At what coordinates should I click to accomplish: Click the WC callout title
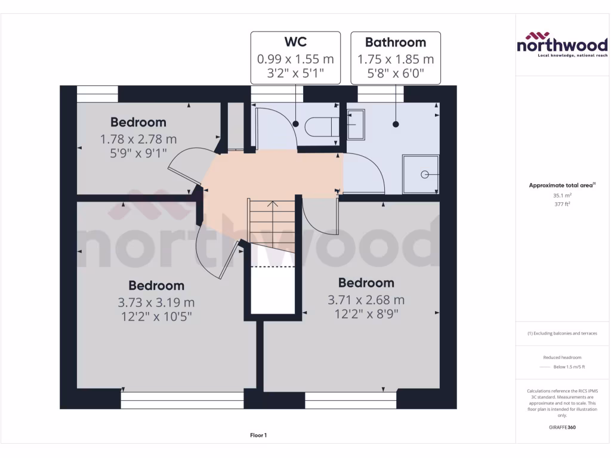pos(295,42)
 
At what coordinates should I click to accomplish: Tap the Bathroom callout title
pos(396,42)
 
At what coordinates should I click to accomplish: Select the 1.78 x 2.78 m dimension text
pos(138,139)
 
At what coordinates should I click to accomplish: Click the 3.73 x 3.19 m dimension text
pos(156,302)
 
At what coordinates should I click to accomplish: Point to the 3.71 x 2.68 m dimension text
pos(366,299)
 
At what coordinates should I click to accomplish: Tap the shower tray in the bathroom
pos(421,174)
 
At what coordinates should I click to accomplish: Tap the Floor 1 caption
pos(258,435)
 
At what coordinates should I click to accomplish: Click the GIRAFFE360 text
pos(562,427)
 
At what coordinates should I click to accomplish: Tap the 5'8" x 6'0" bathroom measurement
pos(396,76)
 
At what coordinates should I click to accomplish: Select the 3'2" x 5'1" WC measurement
pos(295,76)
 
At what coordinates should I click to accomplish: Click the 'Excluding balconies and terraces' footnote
pos(562,333)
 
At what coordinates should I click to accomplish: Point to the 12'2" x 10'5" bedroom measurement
pos(156,316)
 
